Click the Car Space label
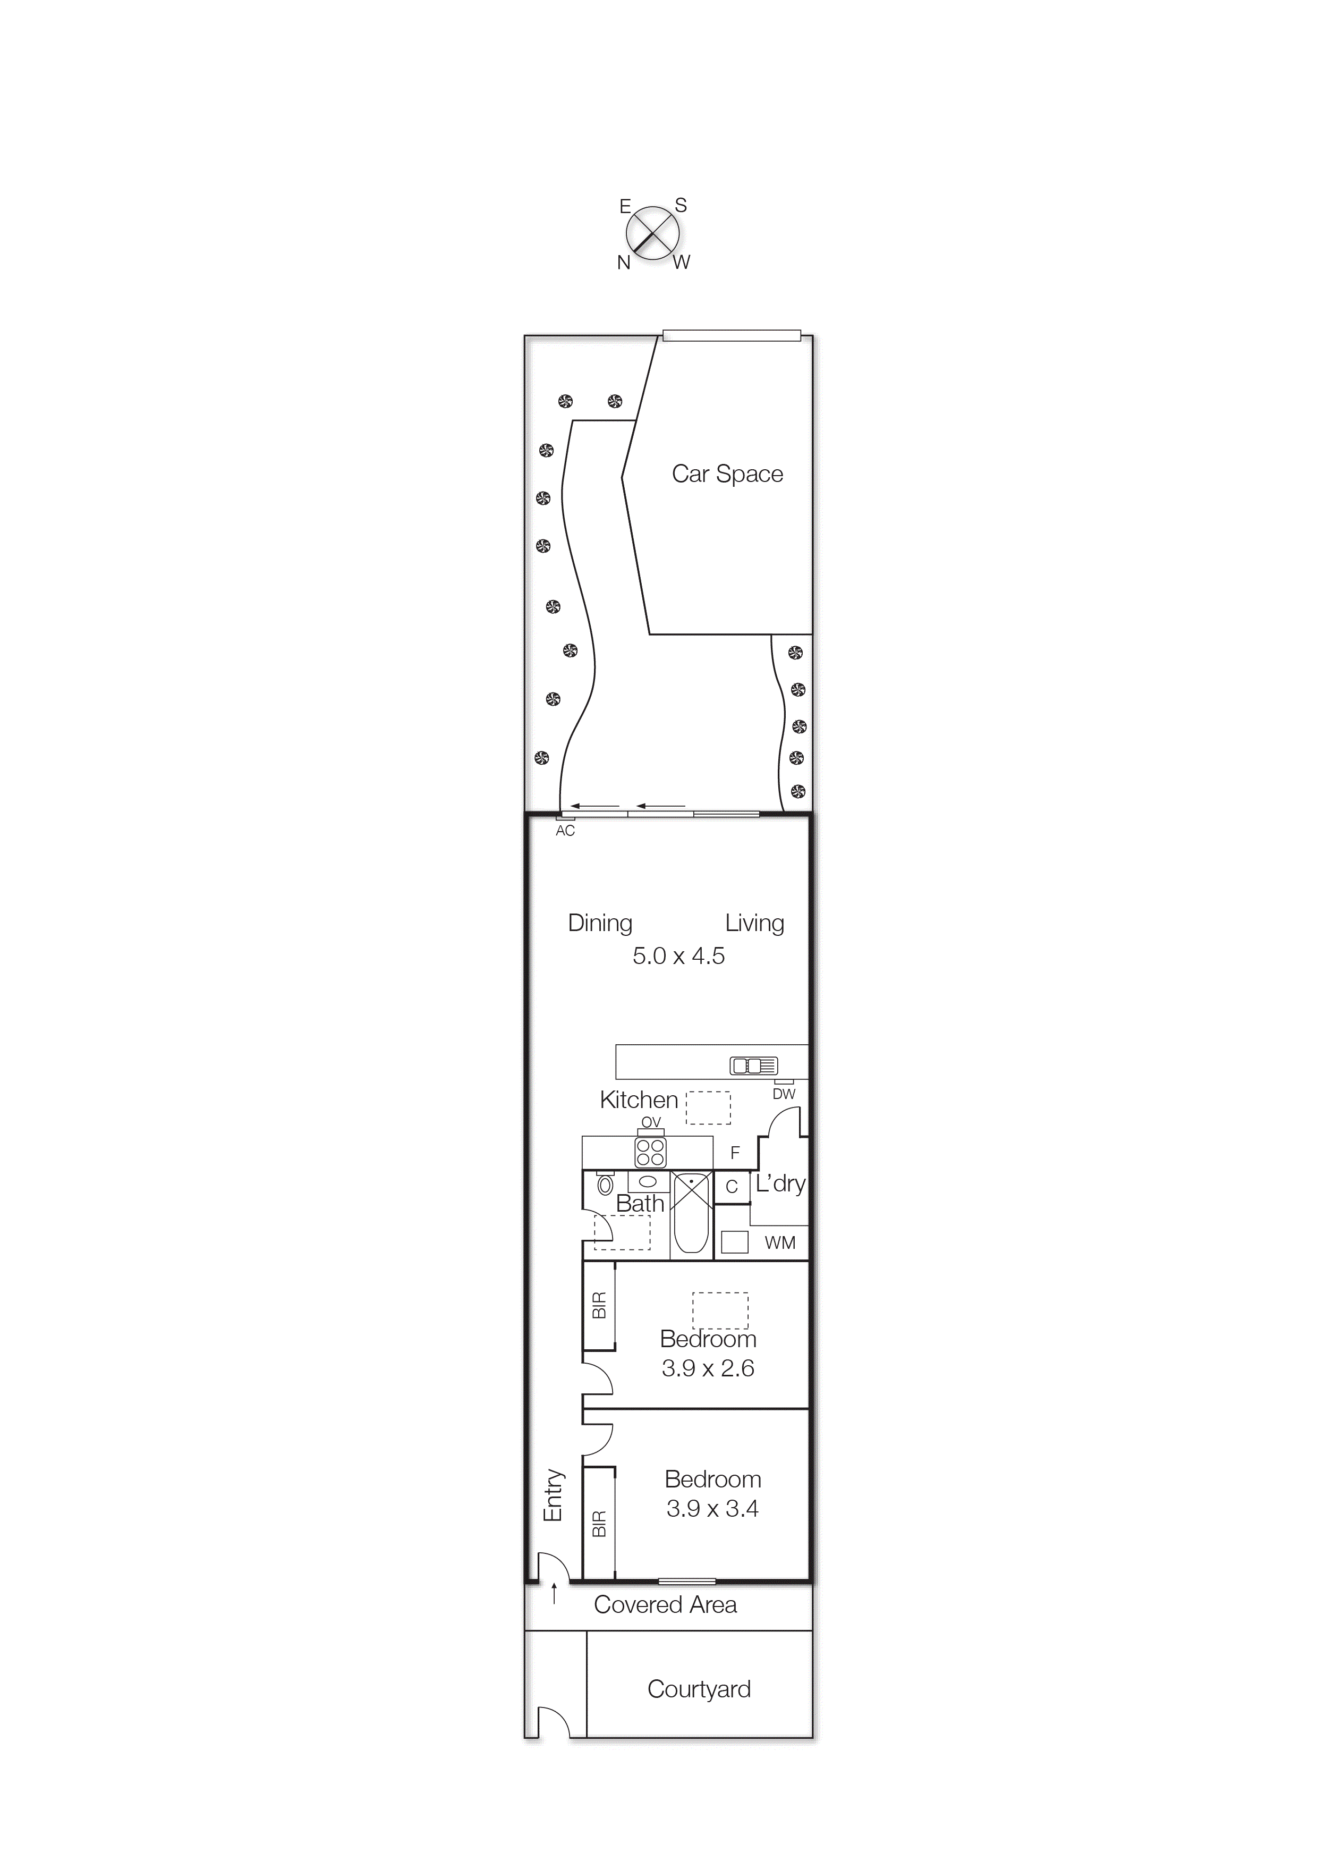(x=727, y=474)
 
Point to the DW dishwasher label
(x=784, y=1094)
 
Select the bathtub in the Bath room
(x=691, y=1214)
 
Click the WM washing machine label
(x=779, y=1242)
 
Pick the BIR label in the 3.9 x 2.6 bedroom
(x=599, y=1305)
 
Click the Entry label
(x=553, y=1494)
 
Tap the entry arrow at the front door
(x=555, y=1593)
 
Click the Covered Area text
(x=665, y=1604)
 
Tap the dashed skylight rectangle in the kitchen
(x=708, y=1108)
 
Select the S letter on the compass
(x=681, y=205)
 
